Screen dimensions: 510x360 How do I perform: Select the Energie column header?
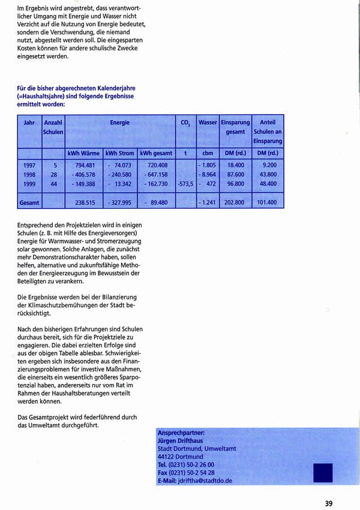tap(119, 122)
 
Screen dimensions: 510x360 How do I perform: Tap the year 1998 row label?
tap(29, 174)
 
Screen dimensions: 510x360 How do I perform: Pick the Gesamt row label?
tap(29, 203)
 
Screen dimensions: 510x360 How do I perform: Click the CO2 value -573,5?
tap(185, 184)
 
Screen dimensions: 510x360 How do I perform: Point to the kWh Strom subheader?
tap(120, 153)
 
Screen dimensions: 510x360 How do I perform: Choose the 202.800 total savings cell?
tap(235, 203)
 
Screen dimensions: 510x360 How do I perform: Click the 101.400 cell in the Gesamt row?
tap(268, 203)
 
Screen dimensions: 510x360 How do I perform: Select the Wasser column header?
tap(208, 122)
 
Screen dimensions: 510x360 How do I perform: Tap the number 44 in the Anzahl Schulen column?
tap(54, 184)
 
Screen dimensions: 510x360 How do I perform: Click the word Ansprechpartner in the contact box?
tap(181, 431)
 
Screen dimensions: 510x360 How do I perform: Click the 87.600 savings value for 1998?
tap(235, 174)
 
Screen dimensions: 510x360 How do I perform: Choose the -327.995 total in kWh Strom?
tap(120, 203)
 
